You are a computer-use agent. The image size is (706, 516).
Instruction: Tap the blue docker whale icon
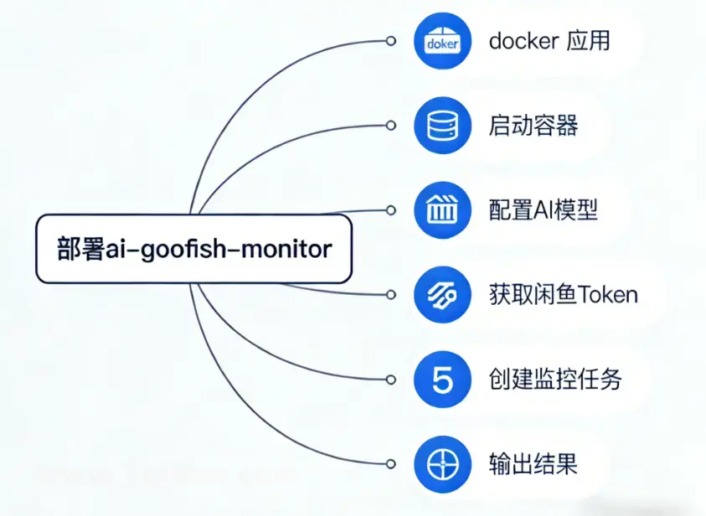click(441, 41)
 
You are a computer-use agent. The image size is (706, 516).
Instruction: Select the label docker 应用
click(549, 41)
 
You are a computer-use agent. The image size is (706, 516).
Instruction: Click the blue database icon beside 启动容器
click(441, 126)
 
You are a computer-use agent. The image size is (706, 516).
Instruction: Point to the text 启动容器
click(533, 126)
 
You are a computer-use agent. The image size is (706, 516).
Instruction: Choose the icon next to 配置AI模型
click(441, 210)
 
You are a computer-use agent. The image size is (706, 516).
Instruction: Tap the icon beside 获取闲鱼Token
click(441, 295)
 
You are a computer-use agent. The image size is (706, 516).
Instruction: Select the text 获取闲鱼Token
click(563, 295)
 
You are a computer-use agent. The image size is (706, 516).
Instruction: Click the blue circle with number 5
click(441, 379)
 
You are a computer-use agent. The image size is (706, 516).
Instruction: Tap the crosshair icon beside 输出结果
click(441, 464)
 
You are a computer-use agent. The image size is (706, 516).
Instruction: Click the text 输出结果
click(533, 464)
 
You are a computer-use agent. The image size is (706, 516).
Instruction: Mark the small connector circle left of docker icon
click(390, 41)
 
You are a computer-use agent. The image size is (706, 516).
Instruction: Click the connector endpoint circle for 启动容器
click(390, 126)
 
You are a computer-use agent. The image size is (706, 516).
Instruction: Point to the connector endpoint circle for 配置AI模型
click(390, 210)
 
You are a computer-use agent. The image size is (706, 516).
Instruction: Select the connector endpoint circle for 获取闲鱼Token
click(390, 295)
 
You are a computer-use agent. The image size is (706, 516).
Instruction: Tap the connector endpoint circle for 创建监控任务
click(390, 379)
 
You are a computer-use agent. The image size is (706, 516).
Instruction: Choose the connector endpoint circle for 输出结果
click(390, 464)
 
